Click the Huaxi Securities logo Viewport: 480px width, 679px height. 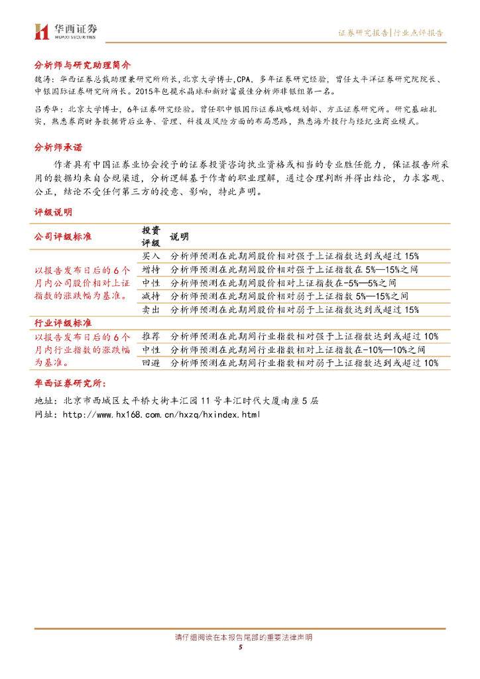[66, 31]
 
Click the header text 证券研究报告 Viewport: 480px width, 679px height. [363, 32]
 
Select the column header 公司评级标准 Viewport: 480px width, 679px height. [63, 237]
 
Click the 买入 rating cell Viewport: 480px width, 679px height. [151, 255]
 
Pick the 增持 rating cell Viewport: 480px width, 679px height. [151, 269]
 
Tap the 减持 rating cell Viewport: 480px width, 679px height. [151, 296]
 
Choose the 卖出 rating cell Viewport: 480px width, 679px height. [151, 309]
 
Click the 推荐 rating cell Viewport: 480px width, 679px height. [151, 336]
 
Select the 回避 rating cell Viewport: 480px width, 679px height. [151, 363]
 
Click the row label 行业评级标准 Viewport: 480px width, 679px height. [63, 322]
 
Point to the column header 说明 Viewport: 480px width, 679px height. [179, 237]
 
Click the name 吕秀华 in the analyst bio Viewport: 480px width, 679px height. [45, 109]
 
